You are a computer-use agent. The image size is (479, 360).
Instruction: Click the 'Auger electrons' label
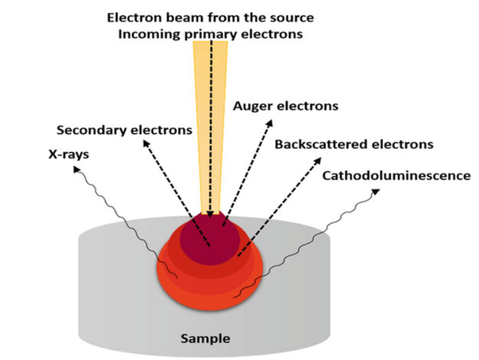click(x=285, y=106)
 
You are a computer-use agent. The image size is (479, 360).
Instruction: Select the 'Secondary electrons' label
click(x=124, y=130)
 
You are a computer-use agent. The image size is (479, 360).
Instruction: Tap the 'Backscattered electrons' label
click(x=354, y=144)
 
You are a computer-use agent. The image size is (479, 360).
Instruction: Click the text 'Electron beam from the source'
click(x=210, y=17)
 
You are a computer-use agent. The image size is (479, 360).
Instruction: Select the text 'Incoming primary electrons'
click(x=210, y=33)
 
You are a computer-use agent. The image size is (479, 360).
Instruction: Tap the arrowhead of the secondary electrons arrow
click(x=145, y=141)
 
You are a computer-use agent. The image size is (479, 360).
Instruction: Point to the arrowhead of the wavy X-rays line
click(x=76, y=167)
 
